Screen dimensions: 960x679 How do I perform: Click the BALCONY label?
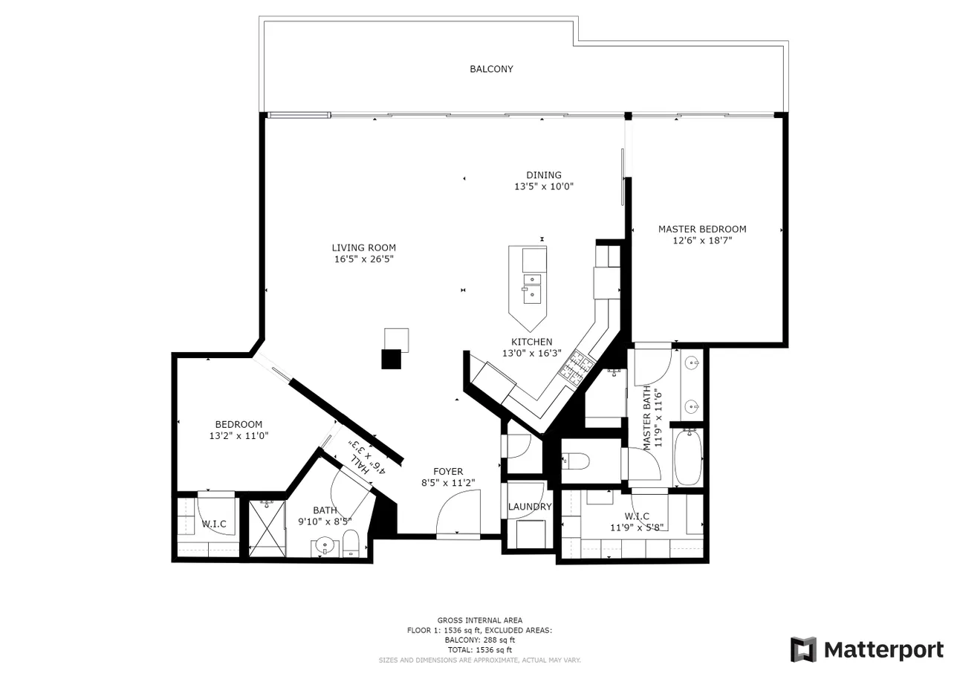point(491,69)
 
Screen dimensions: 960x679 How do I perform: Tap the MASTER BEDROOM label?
point(702,230)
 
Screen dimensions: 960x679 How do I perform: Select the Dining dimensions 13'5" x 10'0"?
point(544,186)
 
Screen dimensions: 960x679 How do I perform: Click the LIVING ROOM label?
point(364,247)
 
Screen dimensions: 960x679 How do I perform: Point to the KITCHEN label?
point(532,342)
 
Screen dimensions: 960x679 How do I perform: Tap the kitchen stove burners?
point(577,367)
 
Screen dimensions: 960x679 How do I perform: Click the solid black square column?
point(392,359)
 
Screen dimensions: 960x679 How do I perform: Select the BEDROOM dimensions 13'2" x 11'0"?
point(239,435)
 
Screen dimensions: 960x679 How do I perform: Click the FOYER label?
point(448,472)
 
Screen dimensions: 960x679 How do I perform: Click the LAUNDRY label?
point(530,507)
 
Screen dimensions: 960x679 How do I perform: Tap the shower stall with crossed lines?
point(267,529)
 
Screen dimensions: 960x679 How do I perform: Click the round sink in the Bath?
point(325,546)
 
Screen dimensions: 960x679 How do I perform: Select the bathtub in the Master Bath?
point(688,458)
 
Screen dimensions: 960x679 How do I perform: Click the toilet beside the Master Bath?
point(575,461)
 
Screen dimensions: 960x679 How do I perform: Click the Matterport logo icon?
point(803,649)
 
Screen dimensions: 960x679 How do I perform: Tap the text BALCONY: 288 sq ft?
point(479,640)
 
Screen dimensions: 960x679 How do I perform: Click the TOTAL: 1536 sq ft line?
point(479,650)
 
